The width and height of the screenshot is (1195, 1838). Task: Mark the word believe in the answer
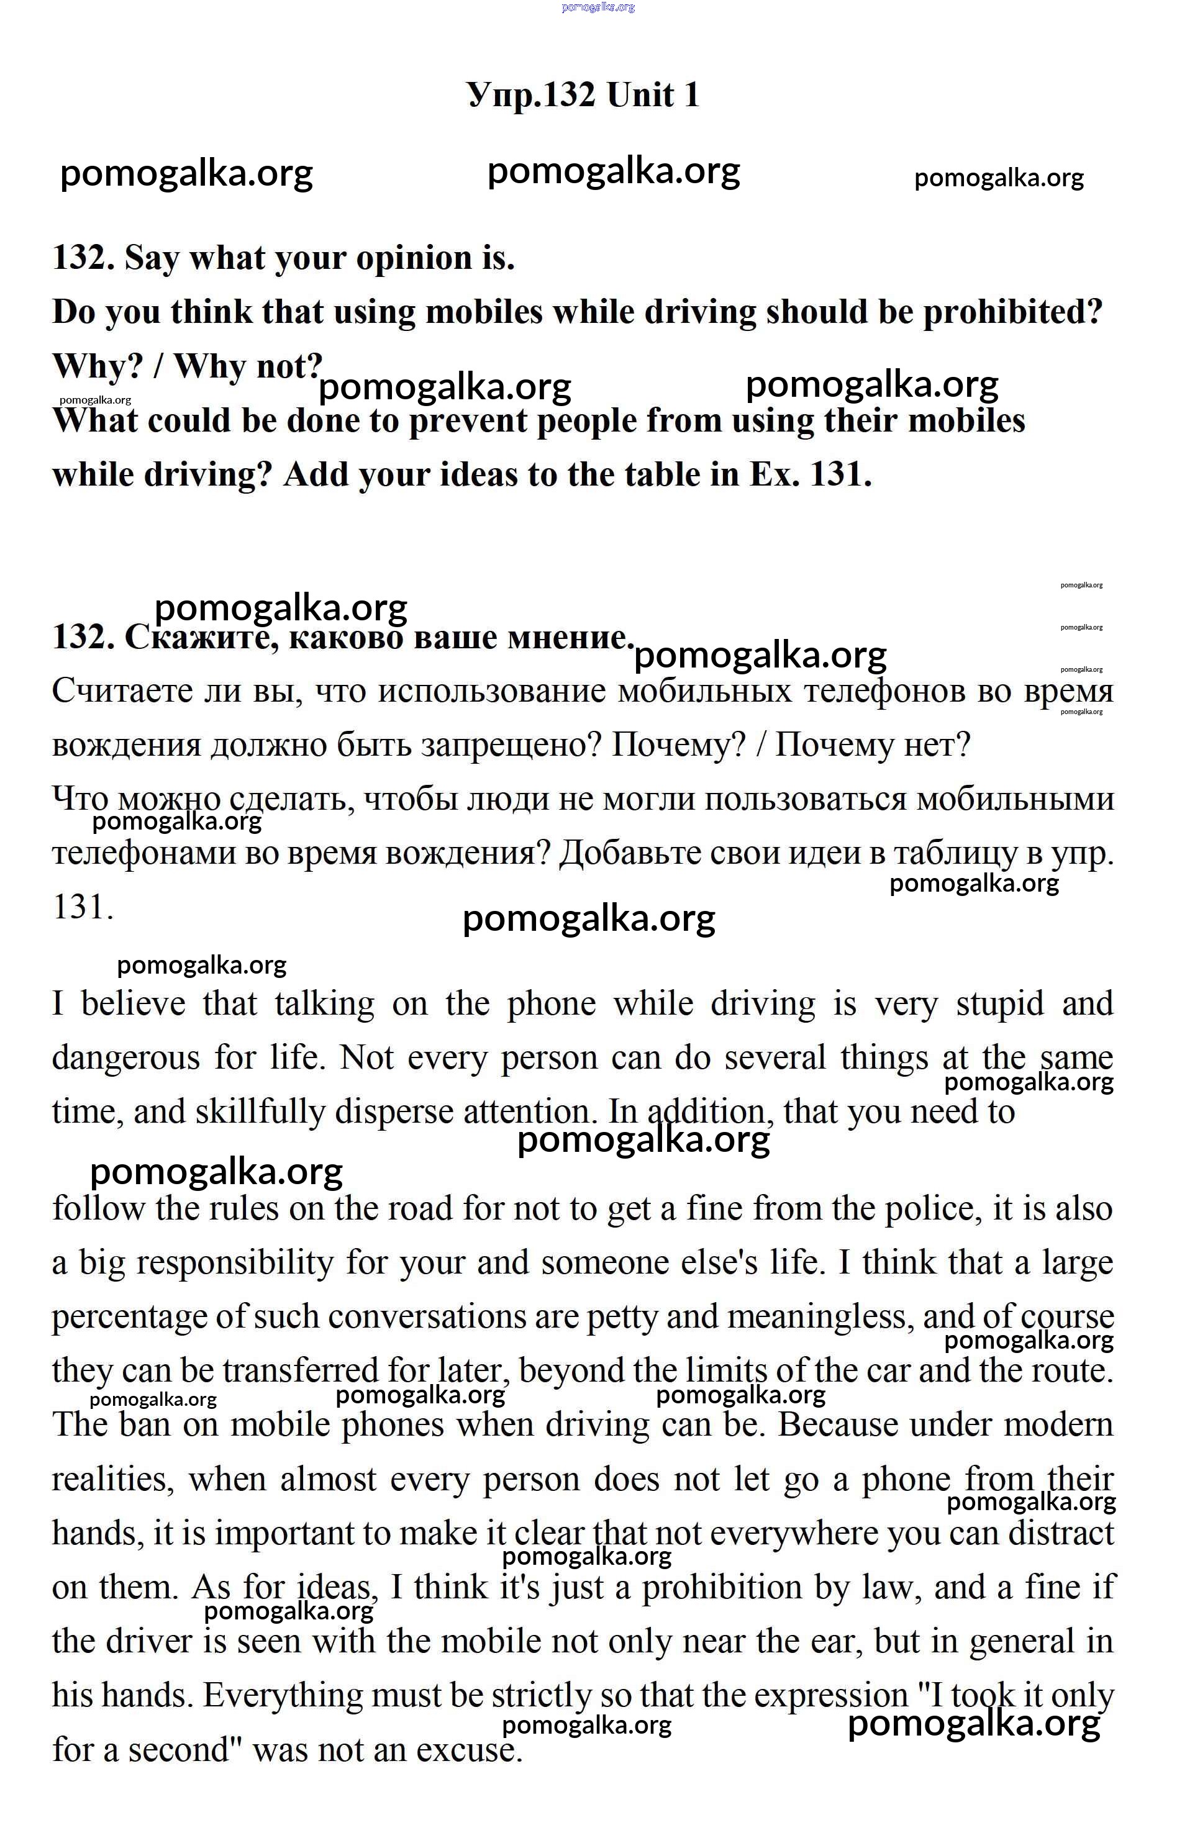click(133, 1004)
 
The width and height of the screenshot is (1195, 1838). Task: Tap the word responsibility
click(235, 1262)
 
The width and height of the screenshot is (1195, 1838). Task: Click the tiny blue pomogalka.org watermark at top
click(598, 7)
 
